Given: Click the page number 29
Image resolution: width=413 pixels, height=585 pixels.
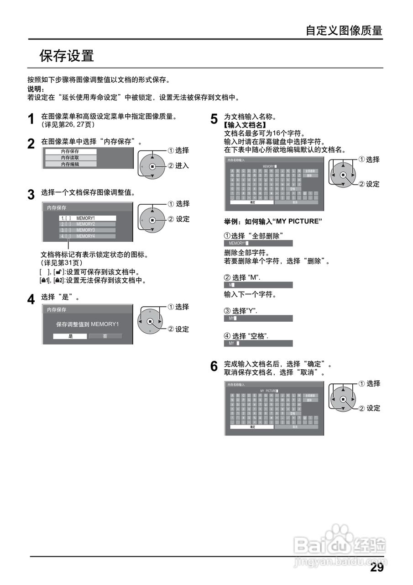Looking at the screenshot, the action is coord(376,568).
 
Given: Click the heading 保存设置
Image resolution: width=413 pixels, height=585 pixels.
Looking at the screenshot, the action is coord(67,56).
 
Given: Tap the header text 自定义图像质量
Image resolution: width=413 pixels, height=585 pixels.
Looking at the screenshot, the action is coord(344,31).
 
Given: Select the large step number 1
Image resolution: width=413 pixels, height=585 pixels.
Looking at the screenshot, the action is coord(31,120).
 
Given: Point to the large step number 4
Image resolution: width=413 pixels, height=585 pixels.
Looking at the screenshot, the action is coord(31,300).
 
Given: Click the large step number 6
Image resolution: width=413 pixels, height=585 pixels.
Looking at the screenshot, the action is coord(214,367).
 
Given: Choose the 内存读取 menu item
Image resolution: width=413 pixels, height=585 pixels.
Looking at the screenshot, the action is coord(70,158).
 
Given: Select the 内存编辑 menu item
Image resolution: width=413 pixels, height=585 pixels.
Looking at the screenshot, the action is coord(70,164).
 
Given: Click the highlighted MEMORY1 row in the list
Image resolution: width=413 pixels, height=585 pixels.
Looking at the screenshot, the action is coord(87,218).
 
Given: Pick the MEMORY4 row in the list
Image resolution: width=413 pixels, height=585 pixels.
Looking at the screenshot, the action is coord(87,236).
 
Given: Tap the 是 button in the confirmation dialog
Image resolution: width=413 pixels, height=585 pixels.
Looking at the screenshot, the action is coord(70,336).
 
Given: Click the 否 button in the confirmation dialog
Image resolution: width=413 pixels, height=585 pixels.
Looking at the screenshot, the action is coord(105,336).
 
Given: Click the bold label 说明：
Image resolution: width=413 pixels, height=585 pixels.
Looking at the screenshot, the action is coord(36,89).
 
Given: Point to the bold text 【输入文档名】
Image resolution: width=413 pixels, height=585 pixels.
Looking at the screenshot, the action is coord(245,125).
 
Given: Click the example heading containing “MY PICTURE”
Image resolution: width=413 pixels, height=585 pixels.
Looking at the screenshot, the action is coord(273,221).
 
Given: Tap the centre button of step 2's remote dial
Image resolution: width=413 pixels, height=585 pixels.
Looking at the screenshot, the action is coord(152,167).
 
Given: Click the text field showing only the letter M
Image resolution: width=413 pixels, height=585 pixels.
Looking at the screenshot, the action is coord(258,285).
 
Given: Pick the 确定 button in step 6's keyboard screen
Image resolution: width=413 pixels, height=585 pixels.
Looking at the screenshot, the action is coord(252,427).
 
